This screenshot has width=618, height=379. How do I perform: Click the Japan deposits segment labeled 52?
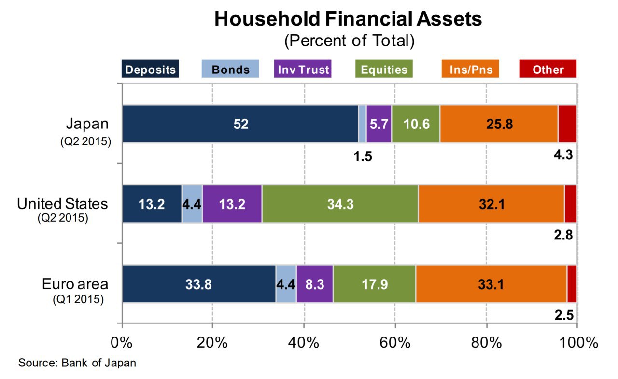pyautogui.click(x=240, y=124)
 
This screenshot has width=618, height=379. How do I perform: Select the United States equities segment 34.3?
pyautogui.click(x=340, y=204)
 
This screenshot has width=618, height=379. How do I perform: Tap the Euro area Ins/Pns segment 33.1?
pyautogui.click(x=491, y=284)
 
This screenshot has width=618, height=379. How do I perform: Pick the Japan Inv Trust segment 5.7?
pyautogui.click(x=379, y=124)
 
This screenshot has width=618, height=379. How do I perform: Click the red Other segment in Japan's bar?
pyautogui.click(x=567, y=124)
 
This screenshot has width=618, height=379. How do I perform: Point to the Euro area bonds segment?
pyautogui.click(x=286, y=284)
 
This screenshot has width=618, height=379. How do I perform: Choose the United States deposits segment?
pyautogui.click(x=152, y=204)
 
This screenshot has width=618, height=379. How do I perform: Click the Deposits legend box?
pyautogui.click(x=150, y=69)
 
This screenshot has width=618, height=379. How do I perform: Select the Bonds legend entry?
pyautogui.click(x=230, y=69)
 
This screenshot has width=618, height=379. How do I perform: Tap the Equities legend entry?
pyautogui.click(x=384, y=69)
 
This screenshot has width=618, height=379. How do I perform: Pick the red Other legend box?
pyautogui.click(x=548, y=69)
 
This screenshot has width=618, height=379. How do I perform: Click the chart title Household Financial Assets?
pyautogui.click(x=348, y=19)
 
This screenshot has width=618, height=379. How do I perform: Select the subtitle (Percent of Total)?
pyautogui.click(x=349, y=41)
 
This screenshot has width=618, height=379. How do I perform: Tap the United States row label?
pyautogui.click(x=63, y=204)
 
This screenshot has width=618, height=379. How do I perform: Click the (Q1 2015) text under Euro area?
pyautogui.click(x=78, y=299)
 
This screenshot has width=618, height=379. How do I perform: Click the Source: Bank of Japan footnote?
pyautogui.click(x=77, y=363)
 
